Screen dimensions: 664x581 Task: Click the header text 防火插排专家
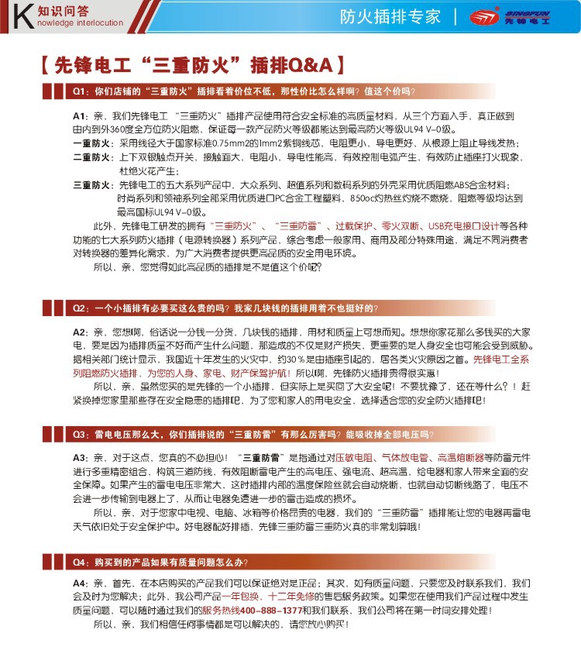pyautogui.click(x=390, y=17)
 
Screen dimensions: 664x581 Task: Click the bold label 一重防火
pyautogui.click(x=92, y=143)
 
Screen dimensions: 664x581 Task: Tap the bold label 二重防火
pyautogui.click(x=92, y=157)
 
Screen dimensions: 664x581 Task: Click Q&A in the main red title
pyautogui.click(x=310, y=64)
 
